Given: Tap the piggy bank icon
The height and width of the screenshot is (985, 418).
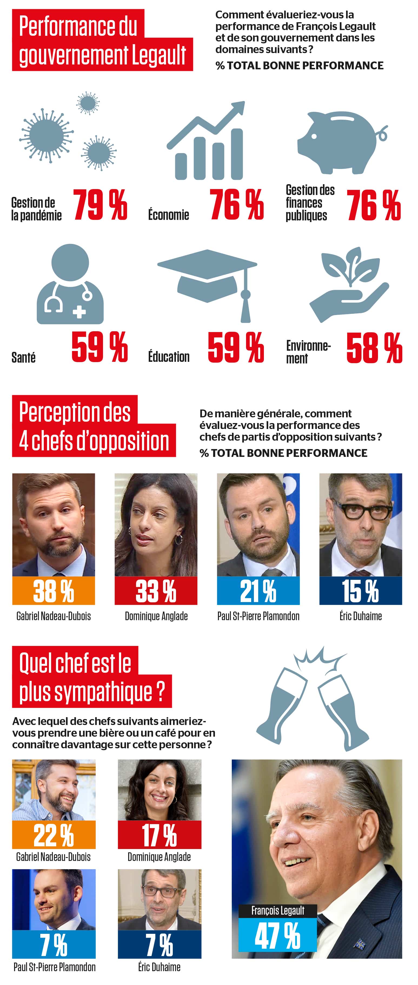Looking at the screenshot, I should [342, 142].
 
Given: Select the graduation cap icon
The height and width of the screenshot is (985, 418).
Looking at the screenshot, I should [207, 283].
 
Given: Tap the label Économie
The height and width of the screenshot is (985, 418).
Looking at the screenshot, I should [168, 215].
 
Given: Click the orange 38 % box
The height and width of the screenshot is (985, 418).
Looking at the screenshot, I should [54, 591].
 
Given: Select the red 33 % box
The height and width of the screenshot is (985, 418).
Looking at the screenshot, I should [156, 591].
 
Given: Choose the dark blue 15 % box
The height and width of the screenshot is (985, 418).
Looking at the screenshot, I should [360, 591].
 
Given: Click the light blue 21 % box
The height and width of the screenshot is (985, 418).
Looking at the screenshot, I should [258, 591].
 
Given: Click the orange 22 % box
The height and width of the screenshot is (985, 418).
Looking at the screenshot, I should [54, 835].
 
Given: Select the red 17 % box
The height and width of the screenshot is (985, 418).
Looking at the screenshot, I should [159, 835].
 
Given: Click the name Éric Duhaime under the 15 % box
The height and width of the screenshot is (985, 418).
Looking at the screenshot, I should [360, 616].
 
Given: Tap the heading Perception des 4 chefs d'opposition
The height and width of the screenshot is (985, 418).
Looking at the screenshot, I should [94, 426].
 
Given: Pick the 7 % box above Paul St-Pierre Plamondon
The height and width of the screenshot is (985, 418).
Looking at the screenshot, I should [54, 944].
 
